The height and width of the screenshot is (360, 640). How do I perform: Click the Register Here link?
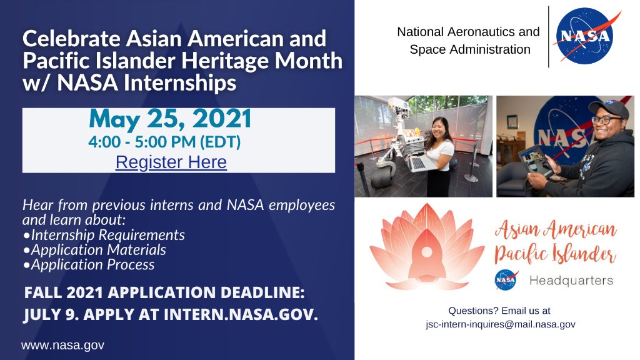tap(171, 162)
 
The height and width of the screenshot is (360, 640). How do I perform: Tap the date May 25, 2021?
tap(170, 119)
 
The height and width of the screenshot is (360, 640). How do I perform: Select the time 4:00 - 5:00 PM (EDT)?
tap(164, 142)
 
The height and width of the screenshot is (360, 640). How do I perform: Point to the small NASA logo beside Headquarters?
tap(506, 280)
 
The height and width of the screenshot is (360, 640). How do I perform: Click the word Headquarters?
tap(571, 281)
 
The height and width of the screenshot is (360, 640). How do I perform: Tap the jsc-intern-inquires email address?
tap(499, 324)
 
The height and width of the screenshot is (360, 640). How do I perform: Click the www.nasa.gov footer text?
tap(62, 345)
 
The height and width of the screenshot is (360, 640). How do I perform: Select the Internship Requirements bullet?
tap(107, 235)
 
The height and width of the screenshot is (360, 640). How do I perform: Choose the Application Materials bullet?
tap(98, 250)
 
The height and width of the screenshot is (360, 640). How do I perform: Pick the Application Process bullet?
tap(92, 264)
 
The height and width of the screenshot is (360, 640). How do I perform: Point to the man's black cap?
tap(607, 107)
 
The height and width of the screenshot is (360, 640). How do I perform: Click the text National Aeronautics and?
tap(468, 31)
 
